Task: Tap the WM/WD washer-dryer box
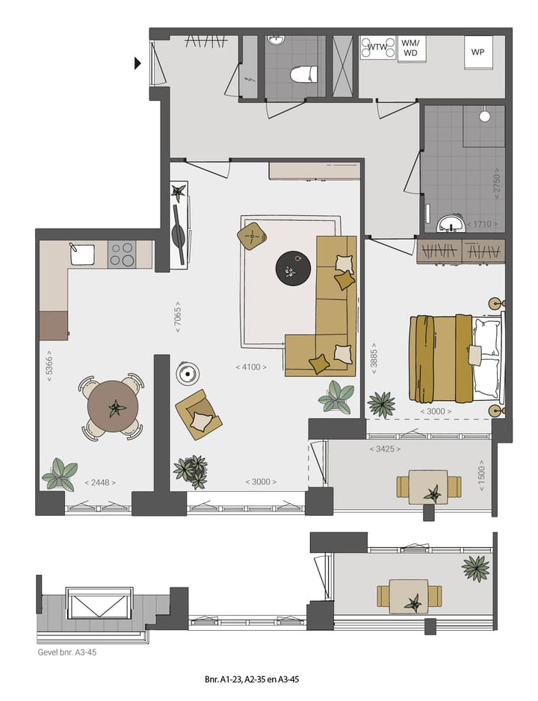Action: [x=411, y=48]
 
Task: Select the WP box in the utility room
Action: [x=477, y=52]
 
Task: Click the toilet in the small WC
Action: [x=303, y=74]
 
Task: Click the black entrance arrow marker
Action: [x=137, y=63]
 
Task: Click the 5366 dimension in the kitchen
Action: [x=49, y=367]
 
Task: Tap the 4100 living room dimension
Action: [x=250, y=367]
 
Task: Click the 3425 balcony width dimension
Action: [x=385, y=449]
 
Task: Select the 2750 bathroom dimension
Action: [x=495, y=184]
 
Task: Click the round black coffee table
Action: [x=291, y=268]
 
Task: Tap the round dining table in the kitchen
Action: [x=113, y=408]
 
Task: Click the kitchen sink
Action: [x=82, y=255]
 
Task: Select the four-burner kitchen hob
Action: [x=121, y=255]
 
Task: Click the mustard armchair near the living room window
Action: [x=199, y=414]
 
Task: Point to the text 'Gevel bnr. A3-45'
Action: [x=67, y=652]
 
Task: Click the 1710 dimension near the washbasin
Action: [x=480, y=224]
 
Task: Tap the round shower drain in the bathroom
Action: [x=484, y=116]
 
